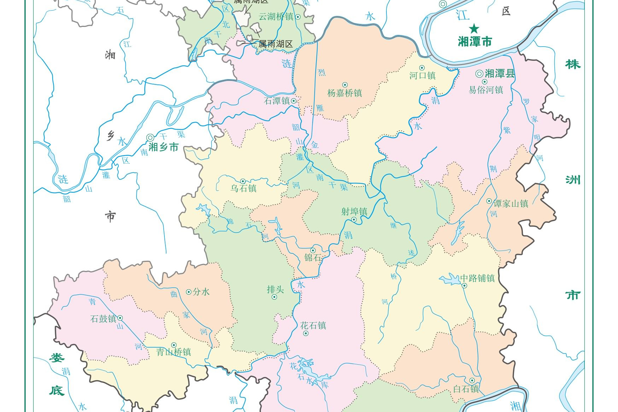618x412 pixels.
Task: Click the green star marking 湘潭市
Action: pos(474,29)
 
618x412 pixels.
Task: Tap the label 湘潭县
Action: pos(500,74)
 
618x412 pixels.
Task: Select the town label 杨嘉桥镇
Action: pos(345,93)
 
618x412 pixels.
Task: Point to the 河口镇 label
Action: pos(422,76)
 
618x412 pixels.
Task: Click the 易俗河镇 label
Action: pos(486,90)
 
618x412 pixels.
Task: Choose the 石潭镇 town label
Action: pos(277,101)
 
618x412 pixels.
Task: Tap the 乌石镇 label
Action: pos(244,188)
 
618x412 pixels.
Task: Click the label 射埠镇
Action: pos(354,212)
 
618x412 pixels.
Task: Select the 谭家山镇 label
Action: pos(511,204)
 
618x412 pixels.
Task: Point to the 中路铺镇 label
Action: pos(477,278)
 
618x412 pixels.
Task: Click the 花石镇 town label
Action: pos(313,325)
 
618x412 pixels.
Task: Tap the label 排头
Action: pos(275,290)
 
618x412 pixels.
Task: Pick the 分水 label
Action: pos(201,292)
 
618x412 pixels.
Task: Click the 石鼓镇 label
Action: pos(103,319)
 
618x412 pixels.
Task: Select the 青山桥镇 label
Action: pos(174,352)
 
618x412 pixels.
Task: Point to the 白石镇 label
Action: pos(466,389)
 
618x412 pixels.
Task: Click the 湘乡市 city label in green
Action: pos(163,147)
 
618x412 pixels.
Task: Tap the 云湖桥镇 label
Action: pos(276,17)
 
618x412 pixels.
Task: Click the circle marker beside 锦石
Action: pos(313,251)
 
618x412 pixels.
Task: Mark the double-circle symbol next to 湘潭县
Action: pos(479,74)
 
